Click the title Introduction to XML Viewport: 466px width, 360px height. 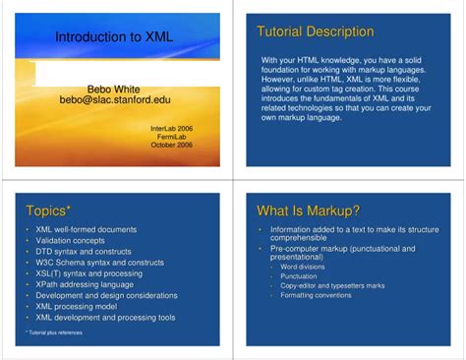tap(99, 37)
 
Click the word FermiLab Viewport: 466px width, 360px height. tap(177, 136)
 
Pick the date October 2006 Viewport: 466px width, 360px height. tap(172, 145)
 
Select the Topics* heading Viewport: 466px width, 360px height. tap(48, 211)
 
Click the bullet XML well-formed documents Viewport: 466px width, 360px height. tap(86, 229)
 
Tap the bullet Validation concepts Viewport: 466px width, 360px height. tap(70, 240)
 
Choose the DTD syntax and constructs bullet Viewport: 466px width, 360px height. tap(83, 251)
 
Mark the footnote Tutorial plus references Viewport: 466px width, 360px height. tap(55, 332)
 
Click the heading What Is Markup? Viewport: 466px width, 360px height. tap(308, 210)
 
